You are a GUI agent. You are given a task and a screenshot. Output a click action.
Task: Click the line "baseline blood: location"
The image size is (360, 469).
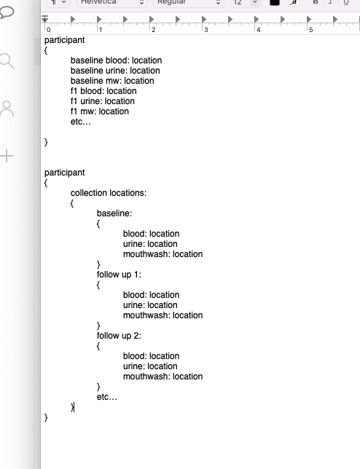point(116,60)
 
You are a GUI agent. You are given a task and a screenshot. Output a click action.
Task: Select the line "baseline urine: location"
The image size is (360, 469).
point(115,71)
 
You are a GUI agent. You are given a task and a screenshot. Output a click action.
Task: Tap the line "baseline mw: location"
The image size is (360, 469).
point(112,81)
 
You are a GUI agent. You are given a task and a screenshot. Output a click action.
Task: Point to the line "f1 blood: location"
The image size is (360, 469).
point(103,91)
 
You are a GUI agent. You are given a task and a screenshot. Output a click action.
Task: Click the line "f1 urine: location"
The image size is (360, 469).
point(103,101)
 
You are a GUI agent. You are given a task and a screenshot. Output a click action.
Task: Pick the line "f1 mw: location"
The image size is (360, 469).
point(100,111)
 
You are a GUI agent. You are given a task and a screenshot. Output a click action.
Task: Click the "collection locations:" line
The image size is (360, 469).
point(109,193)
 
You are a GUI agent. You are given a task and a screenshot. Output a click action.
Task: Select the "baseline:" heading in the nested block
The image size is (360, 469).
point(114,213)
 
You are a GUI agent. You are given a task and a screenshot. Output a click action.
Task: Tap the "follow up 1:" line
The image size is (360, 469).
point(119,275)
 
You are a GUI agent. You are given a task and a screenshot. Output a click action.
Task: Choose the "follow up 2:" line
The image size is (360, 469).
point(119,336)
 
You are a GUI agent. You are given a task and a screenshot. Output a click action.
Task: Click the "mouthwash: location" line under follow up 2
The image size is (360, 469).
point(163,377)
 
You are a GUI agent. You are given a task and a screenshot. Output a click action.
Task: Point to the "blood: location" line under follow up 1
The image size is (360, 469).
point(151,295)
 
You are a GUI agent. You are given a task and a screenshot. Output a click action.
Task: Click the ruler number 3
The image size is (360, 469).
point(206,30)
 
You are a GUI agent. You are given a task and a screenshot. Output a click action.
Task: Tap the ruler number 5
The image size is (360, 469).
point(311,30)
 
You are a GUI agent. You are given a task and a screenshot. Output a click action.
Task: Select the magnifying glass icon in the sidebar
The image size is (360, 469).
point(7,61)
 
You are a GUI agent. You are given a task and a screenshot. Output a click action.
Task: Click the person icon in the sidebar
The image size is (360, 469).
point(7,109)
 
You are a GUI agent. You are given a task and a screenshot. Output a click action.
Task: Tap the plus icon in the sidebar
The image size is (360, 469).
point(7,156)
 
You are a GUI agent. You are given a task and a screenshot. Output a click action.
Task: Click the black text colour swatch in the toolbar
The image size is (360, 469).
point(275,3)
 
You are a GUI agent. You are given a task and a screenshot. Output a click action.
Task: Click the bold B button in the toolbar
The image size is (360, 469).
point(316,3)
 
